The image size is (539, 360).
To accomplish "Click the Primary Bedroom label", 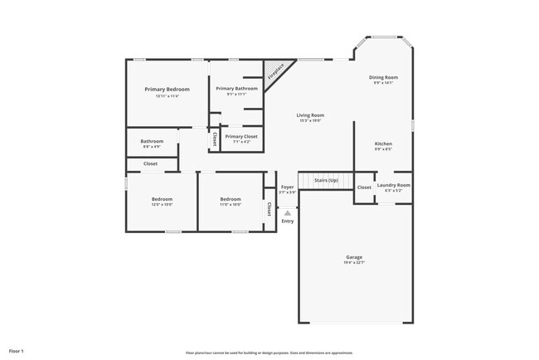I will (x=167, y=89).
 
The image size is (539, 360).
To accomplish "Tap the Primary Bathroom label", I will (x=236, y=88).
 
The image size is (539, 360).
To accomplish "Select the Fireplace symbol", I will (x=275, y=71).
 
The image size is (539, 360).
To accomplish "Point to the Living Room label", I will (x=311, y=115).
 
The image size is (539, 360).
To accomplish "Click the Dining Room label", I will (x=383, y=77).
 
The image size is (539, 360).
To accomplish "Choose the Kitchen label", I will (x=382, y=144).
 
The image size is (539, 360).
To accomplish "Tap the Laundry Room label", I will (x=393, y=185).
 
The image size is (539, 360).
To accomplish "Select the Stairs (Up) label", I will (x=325, y=180).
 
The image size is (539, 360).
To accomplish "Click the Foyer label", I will (x=288, y=187).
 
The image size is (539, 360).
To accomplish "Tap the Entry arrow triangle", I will (x=288, y=213).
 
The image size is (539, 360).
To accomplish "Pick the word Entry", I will (x=288, y=221).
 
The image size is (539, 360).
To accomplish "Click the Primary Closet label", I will (x=241, y=136).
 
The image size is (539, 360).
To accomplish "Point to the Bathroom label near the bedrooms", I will (x=152, y=141).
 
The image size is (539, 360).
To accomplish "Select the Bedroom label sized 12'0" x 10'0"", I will (x=162, y=199).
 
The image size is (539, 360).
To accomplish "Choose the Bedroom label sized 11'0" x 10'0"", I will (x=231, y=199).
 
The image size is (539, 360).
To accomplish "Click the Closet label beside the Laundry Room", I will (x=364, y=187).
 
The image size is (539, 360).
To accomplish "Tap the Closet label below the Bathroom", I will (x=150, y=163).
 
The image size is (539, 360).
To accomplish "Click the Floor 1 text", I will (x=17, y=352).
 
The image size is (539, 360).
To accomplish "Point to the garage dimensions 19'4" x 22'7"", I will (x=354, y=262).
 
